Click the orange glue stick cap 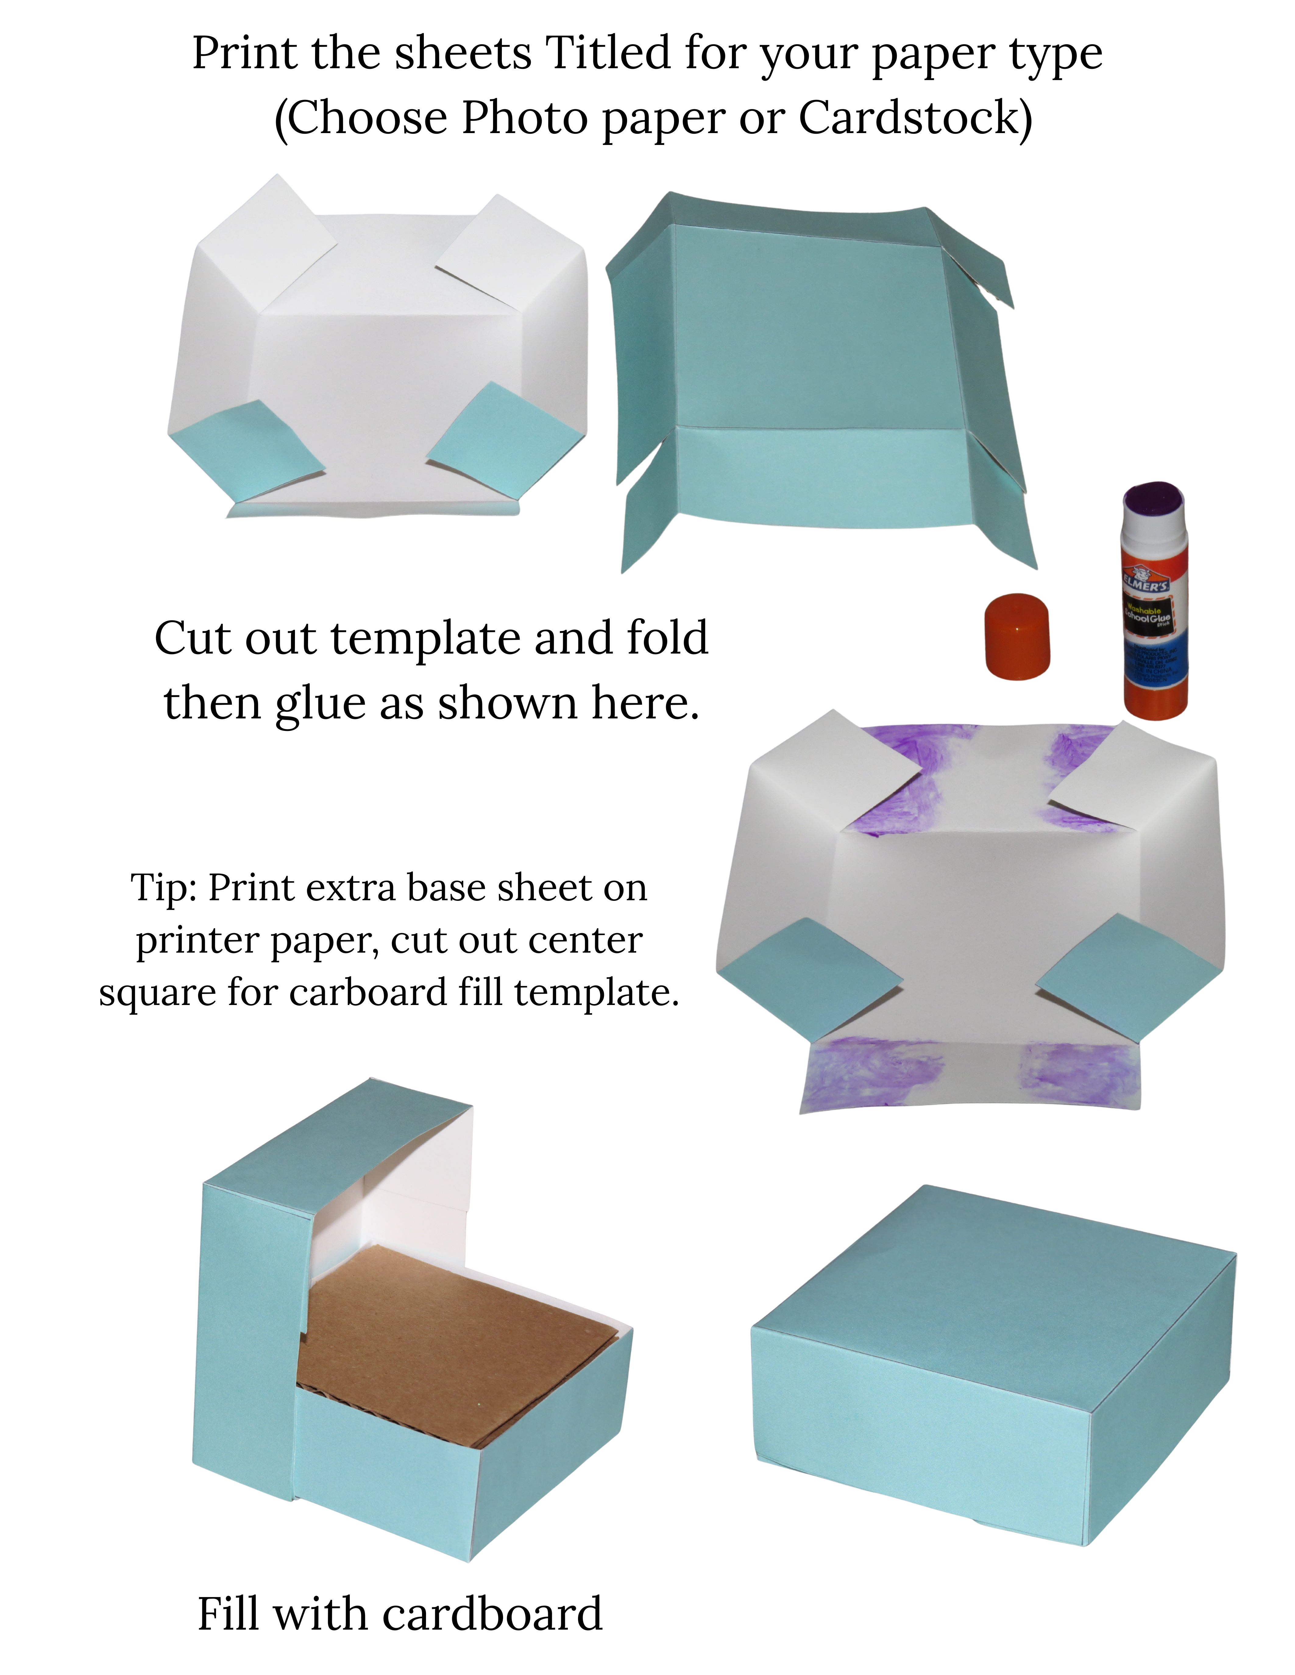click(1017, 636)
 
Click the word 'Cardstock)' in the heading click(915, 118)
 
